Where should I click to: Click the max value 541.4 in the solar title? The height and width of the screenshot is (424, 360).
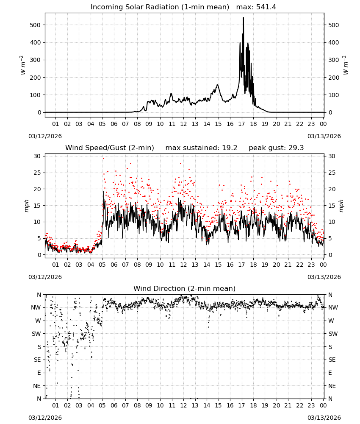point(266,7)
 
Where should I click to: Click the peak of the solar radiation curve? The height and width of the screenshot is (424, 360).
point(244,17)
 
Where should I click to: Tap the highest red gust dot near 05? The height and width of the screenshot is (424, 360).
point(103,159)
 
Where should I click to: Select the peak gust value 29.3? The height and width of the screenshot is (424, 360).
point(296,148)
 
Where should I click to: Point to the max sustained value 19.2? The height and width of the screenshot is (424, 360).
point(230,148)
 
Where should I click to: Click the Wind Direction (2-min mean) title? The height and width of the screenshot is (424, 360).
point(185,288)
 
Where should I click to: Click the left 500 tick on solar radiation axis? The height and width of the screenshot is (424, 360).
point(35,25)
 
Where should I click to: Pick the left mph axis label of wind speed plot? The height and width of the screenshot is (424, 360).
point(26,206)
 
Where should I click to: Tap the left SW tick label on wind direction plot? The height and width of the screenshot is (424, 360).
point(36,334)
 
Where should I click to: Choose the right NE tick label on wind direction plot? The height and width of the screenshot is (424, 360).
point(332,386)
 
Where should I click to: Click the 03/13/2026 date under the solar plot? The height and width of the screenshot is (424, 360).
point(324,136)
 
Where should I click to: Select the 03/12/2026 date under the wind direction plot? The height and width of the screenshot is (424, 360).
point(45,418)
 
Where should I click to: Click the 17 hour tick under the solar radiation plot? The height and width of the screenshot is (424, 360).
point(241,124)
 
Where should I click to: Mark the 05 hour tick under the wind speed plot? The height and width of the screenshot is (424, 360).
point(102,265)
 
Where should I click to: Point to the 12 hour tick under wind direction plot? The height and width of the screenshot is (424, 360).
point(183,405)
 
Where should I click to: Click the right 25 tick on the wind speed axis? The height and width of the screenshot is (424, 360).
point(332,173)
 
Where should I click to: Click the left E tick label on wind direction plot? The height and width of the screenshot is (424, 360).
point(39,373)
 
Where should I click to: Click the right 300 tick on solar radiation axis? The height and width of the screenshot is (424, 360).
point(334,60)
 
